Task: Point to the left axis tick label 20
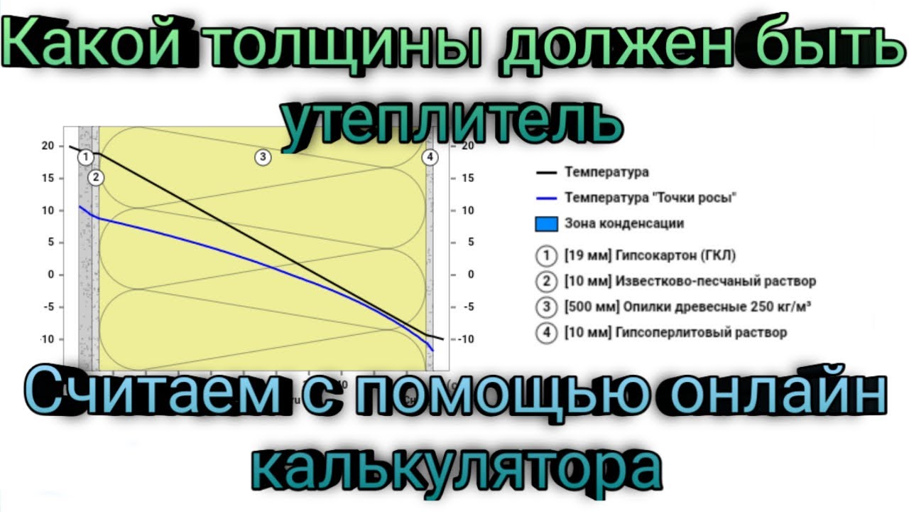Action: [47, 146]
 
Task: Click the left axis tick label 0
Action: [50, 274]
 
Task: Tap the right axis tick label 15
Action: [468, 178]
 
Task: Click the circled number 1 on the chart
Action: [85, 156]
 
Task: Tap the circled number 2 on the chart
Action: [96, 177]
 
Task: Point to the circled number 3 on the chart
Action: [263, 157]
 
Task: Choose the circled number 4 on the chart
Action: [430, 157]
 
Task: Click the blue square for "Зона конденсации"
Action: [544, 223]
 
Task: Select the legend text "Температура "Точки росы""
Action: [649, 198]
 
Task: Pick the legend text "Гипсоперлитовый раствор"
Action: [702, 332]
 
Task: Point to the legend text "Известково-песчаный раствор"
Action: [716, 281]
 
